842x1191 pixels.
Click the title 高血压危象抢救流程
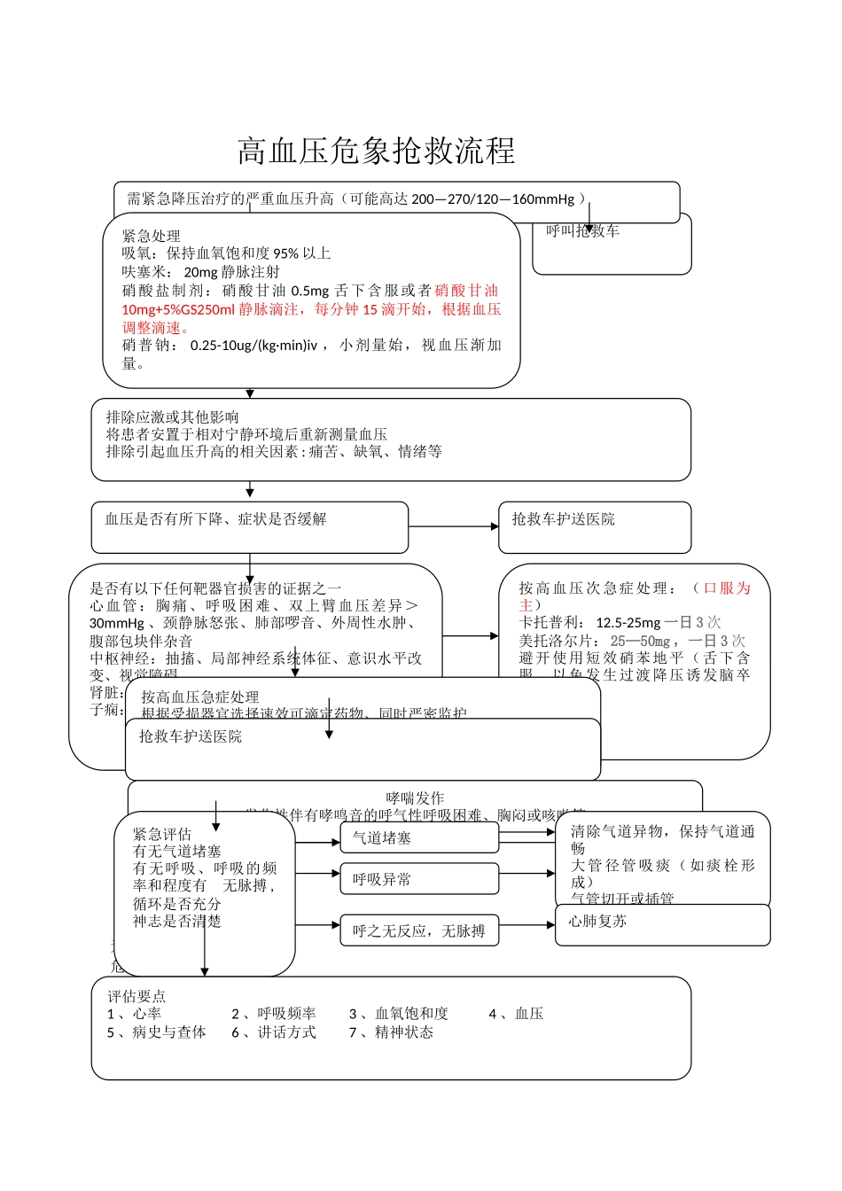(376, 152)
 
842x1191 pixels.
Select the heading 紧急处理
(151, 236)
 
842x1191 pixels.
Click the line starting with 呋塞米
(200, 272)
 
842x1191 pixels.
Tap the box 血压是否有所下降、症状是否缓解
(249, 527)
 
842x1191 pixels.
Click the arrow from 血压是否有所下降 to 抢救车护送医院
(453, 526)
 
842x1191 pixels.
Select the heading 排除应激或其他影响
(172, 416)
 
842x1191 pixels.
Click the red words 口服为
(727, 588)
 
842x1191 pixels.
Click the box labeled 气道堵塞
(419, 837)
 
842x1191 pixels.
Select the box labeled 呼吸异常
(419, 879)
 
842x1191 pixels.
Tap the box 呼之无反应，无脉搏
(419, 930)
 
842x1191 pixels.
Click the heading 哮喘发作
(415, 798)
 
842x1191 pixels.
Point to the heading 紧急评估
(161, 834)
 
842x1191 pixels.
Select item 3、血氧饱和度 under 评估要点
(398, 1014)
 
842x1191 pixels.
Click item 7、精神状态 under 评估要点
(391, 1032)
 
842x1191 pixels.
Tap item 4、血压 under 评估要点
(516, 1014)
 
